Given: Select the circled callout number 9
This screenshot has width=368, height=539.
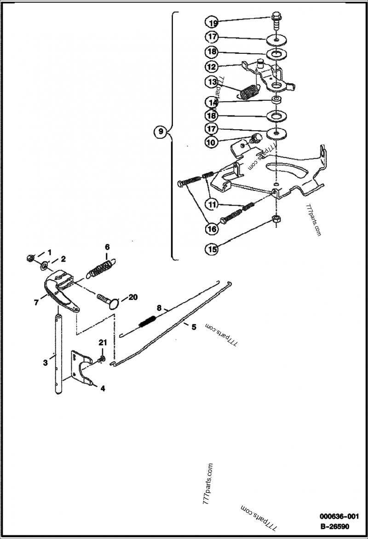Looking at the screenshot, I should tap(161, 132).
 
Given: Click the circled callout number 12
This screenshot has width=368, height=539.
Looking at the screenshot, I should tap(212, 67).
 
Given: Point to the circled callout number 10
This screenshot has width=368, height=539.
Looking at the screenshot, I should tap(212, 143).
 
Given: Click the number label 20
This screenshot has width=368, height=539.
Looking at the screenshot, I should tap(132, 297).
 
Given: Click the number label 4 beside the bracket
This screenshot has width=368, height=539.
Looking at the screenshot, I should tap(103, 388).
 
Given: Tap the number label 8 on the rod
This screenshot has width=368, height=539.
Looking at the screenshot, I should tap(159, 308).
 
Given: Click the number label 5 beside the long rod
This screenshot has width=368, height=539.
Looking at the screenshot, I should tap(194, 327).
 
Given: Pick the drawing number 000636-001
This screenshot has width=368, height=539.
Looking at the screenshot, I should tap(339, 516).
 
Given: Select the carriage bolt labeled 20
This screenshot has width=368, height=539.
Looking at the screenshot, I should tap(109, 301).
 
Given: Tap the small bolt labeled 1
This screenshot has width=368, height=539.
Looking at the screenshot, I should tap(31, 258).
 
